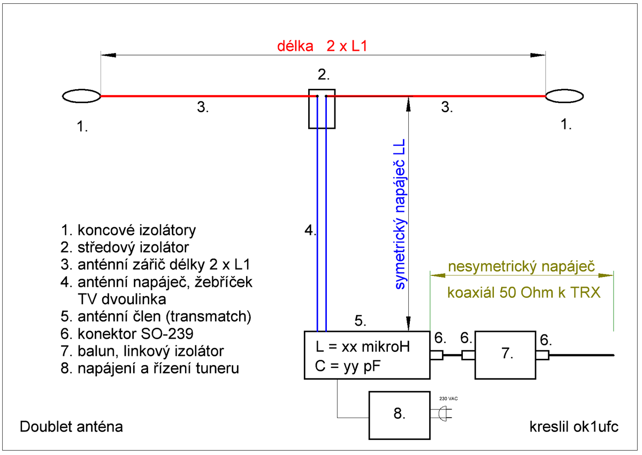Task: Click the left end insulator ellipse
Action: pos(81,96)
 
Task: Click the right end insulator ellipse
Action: pos(564,96)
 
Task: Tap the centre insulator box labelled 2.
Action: pos(322,109)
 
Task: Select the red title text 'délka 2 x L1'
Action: pos(322,46)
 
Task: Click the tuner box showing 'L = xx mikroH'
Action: pos(367,355)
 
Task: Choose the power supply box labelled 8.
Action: pos(399,414)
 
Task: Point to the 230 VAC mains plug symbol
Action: pos(444,413)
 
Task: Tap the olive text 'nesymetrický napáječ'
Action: pos(522,266)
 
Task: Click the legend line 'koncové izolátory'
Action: pos(128,230)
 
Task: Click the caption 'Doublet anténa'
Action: pos(71,427)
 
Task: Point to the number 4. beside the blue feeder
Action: pos(310,231)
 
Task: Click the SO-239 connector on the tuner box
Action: pos(437,355)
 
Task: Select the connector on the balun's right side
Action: pos(542,355)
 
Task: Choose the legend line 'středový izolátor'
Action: pos(125,248)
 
